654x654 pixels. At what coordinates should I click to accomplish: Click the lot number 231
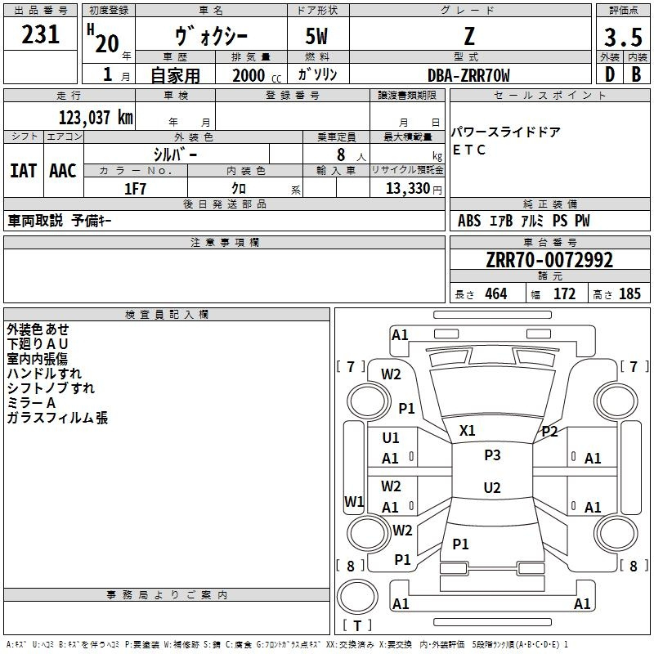click(41, 34)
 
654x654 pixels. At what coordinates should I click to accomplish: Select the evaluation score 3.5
click(623, 38)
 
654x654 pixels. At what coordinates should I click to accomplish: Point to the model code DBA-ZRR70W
click(468, 75)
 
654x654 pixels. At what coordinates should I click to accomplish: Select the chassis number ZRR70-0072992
click(549, 261)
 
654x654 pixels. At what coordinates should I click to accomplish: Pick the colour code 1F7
click(135, 189)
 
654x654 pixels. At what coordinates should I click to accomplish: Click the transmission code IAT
click(23, 171)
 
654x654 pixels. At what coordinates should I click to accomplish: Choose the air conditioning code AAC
click(63, 171)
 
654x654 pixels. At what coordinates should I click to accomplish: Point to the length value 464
click(495, 294)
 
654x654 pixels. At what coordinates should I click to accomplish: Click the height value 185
click(629, 294)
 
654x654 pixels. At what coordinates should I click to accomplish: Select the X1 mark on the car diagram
click(468, 430)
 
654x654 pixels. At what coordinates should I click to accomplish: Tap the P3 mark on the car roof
click(492, 455)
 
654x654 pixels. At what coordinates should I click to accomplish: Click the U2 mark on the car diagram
click(492, 488)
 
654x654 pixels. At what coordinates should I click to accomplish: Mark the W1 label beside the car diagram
click(354, 501)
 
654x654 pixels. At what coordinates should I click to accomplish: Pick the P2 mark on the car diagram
click(549, 432)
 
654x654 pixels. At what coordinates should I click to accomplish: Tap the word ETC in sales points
click(469, 150)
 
